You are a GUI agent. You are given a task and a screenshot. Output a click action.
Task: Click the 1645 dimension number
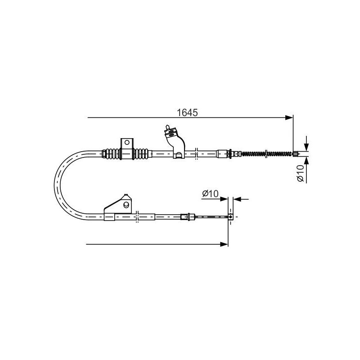[187, 112]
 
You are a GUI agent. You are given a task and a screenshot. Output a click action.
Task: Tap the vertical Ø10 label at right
[300, 173]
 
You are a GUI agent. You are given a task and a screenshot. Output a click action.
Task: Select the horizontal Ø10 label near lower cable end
[210, 193]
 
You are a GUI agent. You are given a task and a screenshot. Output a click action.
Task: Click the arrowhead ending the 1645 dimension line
[289, 117]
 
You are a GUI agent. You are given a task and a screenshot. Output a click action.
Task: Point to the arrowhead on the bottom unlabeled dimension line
[224, 244]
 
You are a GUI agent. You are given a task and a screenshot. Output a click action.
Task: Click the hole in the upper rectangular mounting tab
[127, 142]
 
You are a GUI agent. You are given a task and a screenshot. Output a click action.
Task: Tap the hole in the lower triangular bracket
[126, 205]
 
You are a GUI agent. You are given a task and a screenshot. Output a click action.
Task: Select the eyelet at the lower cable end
[230, 216]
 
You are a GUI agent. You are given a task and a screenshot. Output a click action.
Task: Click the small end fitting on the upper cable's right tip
[296, 153]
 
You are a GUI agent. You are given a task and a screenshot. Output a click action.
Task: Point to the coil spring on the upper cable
[266, 153]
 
